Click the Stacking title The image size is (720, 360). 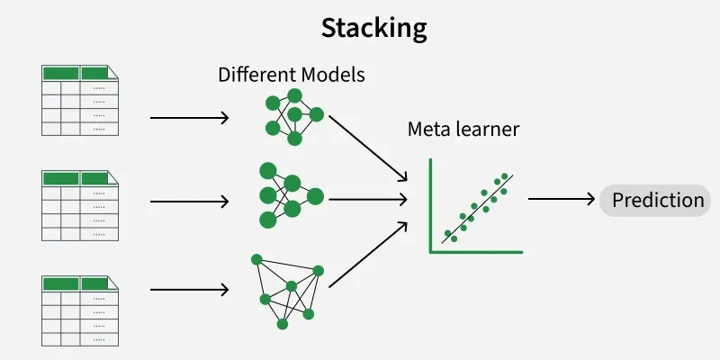click(373, 28)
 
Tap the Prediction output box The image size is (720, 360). click(657, 200)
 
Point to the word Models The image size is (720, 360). click(334, 75)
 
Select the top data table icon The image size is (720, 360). click(79, 100)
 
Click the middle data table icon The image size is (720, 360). click(79, 205)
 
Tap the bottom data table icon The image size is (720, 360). click(79, 310)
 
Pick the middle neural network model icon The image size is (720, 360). click(289, 195)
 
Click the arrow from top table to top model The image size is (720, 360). click(189, 118)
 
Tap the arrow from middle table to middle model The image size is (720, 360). click(189, 201)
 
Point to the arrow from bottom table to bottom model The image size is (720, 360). click(189, 290)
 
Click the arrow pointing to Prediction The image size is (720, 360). click(562, 199)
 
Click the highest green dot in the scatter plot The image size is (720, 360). click(505, 176)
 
